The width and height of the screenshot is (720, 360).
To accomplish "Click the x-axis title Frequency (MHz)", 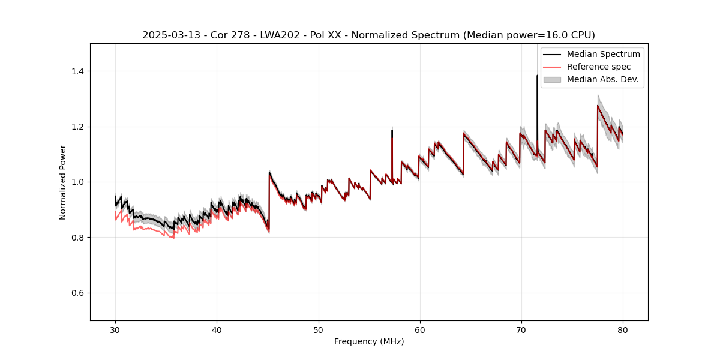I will (x=369, y=341).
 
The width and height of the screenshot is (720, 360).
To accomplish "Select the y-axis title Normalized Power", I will (x=63, y=182).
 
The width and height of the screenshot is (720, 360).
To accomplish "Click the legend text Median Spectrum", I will (x=603, y=54).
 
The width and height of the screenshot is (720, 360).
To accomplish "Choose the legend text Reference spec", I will (x=599, y=67).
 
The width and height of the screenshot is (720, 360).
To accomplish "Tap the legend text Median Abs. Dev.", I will (x=602, y=79).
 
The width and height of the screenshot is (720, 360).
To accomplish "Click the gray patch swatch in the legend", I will (x=552, y=79).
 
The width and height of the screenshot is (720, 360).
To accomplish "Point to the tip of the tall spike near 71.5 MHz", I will (x=537, y=75).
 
